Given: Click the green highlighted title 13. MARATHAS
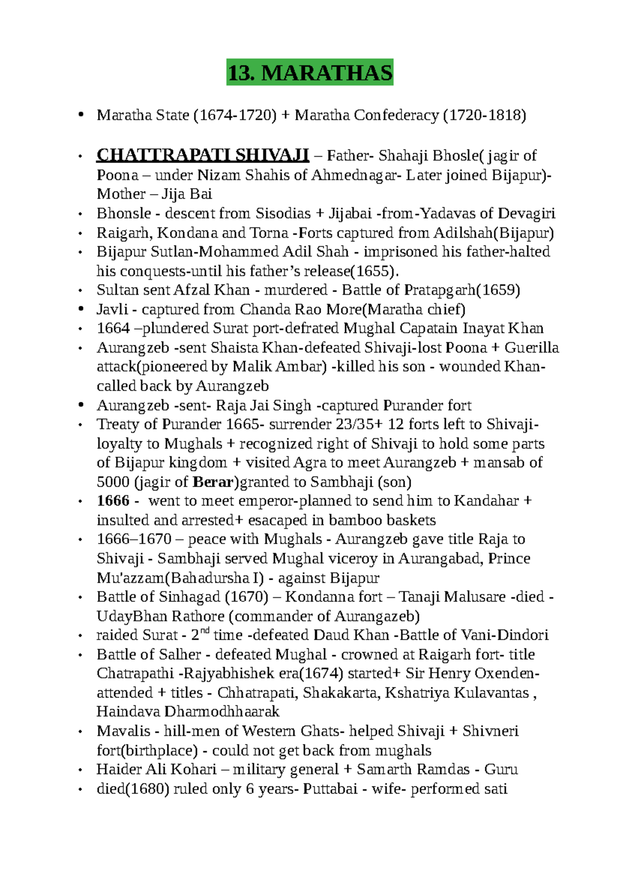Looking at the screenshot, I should click(x=309, y=72).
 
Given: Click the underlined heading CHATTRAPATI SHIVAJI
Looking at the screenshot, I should click(x=203, y=155).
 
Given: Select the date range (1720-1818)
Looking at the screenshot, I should click(x=485, y=115).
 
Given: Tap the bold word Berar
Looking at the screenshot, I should click(x=212, y=482).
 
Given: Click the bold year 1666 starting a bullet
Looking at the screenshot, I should click(x=113, y=501).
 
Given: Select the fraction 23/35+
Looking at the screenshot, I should click(x=360, y=424).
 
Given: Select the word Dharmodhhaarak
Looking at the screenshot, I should click(x=222, y=712).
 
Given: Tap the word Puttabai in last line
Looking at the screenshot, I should click(x=330, y=789).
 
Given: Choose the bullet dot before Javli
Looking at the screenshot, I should click(x=80, y=309).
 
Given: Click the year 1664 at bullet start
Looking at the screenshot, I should click(x=113, y=328).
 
